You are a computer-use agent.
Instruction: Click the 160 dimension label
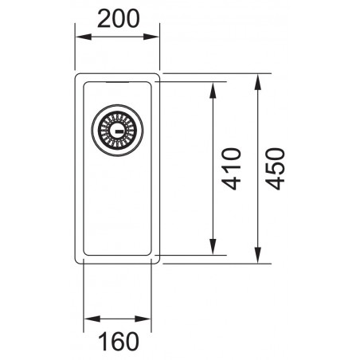pyautogui.click(x=118, y=341)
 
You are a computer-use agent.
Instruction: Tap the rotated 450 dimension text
pyautogui.click(x=276, y=169)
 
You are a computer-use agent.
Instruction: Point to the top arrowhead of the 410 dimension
pyautogui.click(x=214, y=86)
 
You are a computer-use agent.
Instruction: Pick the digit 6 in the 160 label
pyautogui.click(x=118, y=341)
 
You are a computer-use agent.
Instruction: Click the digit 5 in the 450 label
pyautogui.click(x=276, y=169)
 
